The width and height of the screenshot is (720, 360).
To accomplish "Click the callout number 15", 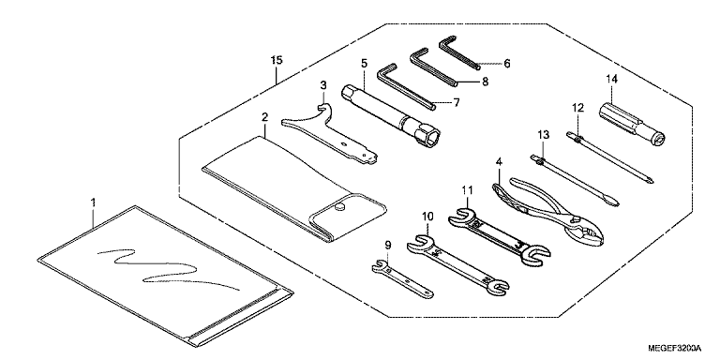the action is click(277, 60).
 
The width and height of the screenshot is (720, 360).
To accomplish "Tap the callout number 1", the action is click(93, 202).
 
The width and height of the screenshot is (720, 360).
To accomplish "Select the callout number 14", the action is click(611, 79).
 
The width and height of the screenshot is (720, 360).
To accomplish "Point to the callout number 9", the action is click(388, 246).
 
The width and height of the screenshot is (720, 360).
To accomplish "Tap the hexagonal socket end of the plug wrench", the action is click(427, 135).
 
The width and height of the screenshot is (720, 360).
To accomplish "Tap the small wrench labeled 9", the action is click(402, 278).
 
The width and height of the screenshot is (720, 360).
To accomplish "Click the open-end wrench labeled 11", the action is click(499, 237).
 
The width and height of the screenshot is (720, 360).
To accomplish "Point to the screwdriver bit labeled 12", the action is click(610, 157).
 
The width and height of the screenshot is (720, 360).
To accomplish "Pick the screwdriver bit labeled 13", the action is click(575, 181).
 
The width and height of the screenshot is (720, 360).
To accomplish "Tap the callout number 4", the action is click(499, 161).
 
